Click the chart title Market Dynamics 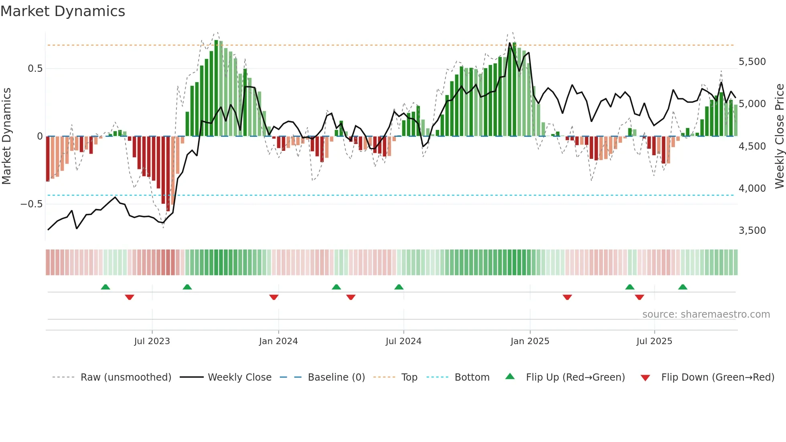point(63,11)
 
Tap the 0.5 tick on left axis point(35,69)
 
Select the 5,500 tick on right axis point(752,62)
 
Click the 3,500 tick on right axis point(752,231)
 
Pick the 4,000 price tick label point(752,189)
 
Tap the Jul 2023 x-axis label point(152,341)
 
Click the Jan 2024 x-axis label point(278,341)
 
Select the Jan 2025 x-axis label point(530,341)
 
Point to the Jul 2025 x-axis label point(654,341)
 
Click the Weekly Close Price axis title point(779,136)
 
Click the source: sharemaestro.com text point(706,314)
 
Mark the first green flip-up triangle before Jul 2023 point(105,287)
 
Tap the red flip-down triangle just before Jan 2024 point(274,297)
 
